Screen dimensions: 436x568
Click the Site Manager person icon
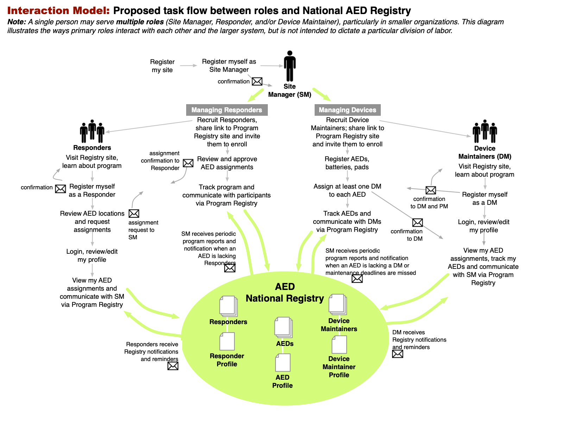[x=290, y=66]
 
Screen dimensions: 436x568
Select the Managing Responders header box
[x=227, y=110]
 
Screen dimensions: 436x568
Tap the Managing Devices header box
[x=347, y=110]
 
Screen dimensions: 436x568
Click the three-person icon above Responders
[x=92, y=131]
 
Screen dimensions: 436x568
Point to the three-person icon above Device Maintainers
[x=485, y=131]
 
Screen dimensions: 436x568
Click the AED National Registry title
[x=285, y=292]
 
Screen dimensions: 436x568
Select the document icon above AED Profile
[x=283, y=362]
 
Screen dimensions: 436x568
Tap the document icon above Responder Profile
[x=227, y=341]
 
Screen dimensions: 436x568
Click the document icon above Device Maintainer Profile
[x=339, y=345]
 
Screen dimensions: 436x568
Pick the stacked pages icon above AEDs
[x=283, y=327]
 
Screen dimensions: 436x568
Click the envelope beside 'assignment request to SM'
[x=134, y=214]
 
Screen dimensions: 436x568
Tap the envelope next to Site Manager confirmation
[x=257, y=81]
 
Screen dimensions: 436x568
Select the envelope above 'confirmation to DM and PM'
[x=431, y=190]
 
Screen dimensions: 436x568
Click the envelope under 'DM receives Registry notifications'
[x=398, y=354]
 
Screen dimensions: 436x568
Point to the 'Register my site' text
[x=162, y=66]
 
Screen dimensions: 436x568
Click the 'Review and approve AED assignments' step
[x=227, y=163]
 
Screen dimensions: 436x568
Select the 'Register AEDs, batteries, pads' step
[x=347, y=163]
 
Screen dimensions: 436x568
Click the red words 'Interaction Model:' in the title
[x=58, y=11]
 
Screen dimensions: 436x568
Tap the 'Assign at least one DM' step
[x=347, y=190]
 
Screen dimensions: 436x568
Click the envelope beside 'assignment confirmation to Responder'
[x=188, y=163]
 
